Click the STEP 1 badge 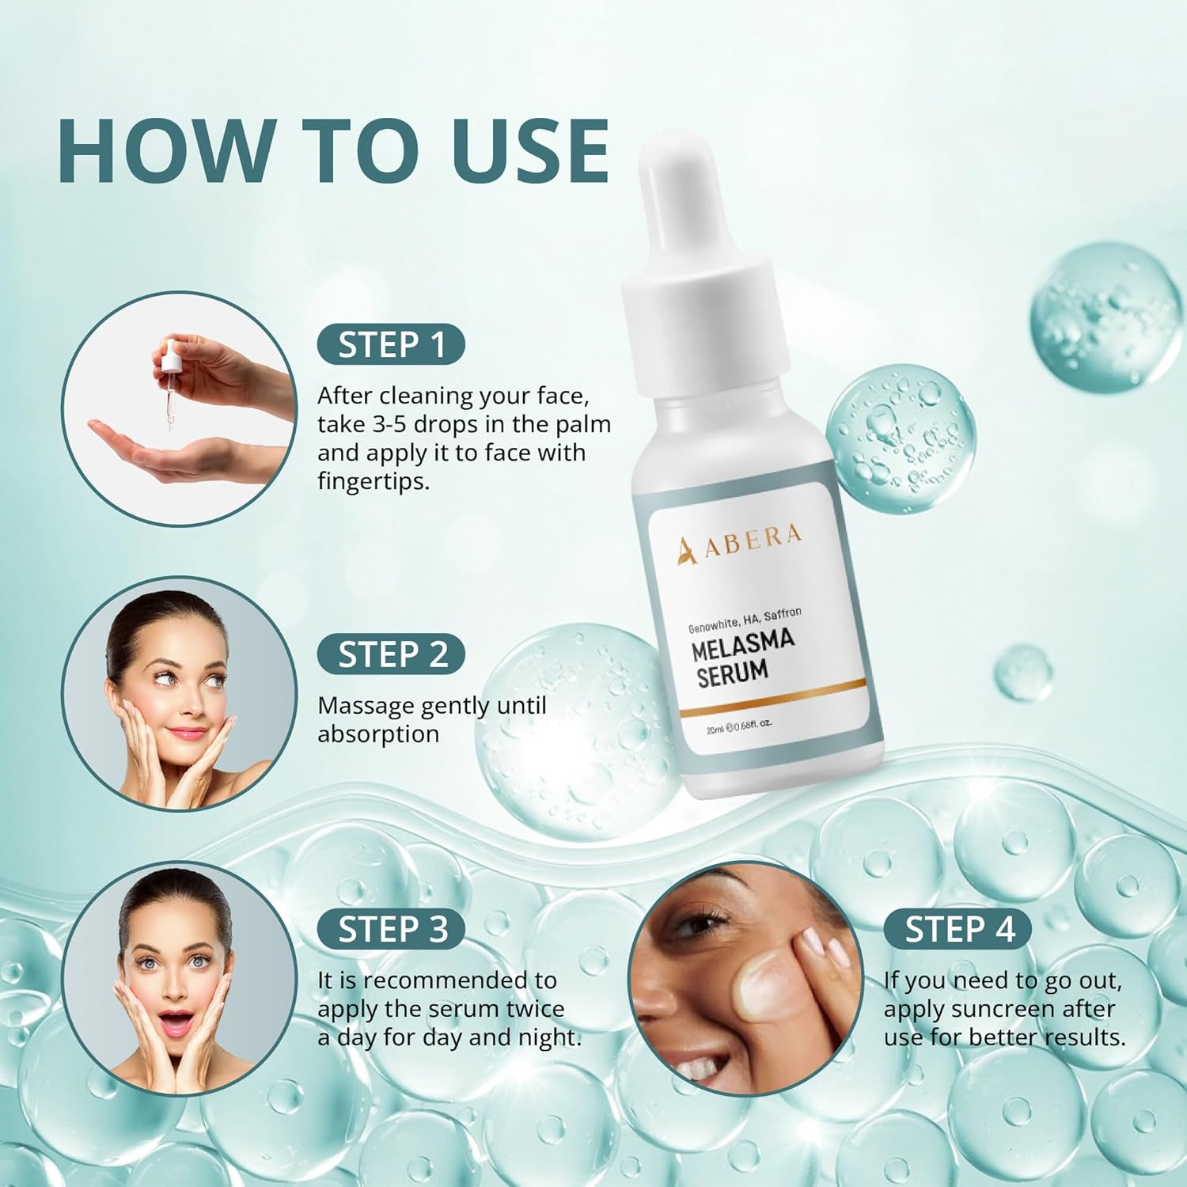(391, 345)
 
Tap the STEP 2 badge (392, 655)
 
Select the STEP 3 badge (392, 929)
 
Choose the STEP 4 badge (958, 929)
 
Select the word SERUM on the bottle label (732, 673)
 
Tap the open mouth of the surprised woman (176, 1022)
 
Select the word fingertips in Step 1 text (372, 481)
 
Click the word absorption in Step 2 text (378, 734)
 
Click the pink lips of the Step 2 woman (187, 733)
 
